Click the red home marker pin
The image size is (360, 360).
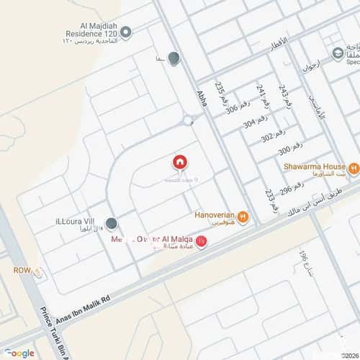pyautogui.click(x=180, y=163)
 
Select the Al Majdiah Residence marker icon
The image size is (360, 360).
pyautogui.click(x=127, y=32)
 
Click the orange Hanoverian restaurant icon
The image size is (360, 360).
pyautogui.click(x=243, y=216)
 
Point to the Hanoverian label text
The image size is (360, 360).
pyautogui.click(x=215, y=215)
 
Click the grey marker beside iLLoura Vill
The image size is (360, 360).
pyautogui.click(x=112, y=225)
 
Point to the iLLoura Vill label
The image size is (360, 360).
pyautogui.click(x=75, y=222)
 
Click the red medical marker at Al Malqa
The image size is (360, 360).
pyautogui.click(x=202, y=241)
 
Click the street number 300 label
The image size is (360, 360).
pyautogui.click(x=285, y=150)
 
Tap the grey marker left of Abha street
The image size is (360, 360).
pyautogui.click(x=174, y=59)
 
